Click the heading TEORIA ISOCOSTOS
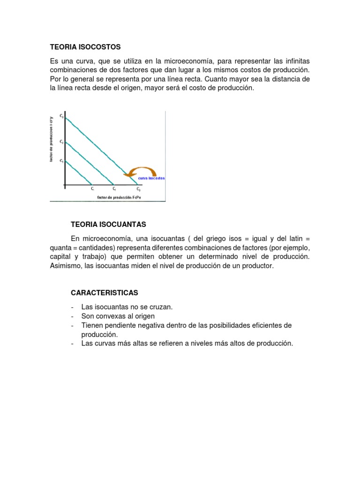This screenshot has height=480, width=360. (85, 47)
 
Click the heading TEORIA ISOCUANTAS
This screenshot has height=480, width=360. (109, 225)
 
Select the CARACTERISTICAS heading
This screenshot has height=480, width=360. (105, 292)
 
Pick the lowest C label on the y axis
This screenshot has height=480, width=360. (61, 161)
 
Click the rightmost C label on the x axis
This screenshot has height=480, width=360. (139, 189)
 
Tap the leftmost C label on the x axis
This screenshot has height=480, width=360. (93, 189)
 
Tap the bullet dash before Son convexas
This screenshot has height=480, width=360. (73, 316)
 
